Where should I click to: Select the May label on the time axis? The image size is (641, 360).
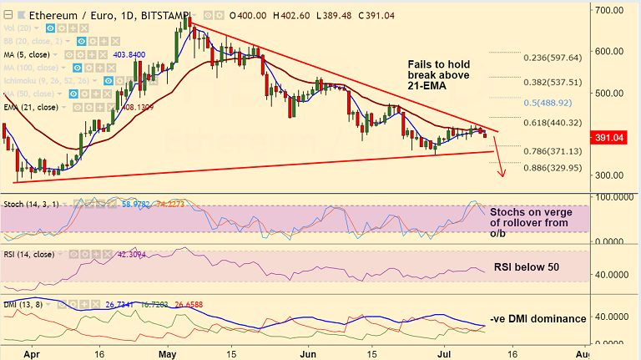[x=169, y=354]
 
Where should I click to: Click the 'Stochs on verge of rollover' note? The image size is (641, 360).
[x=530, y=223]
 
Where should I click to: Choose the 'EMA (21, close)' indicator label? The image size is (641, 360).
[x=32, y=107]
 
